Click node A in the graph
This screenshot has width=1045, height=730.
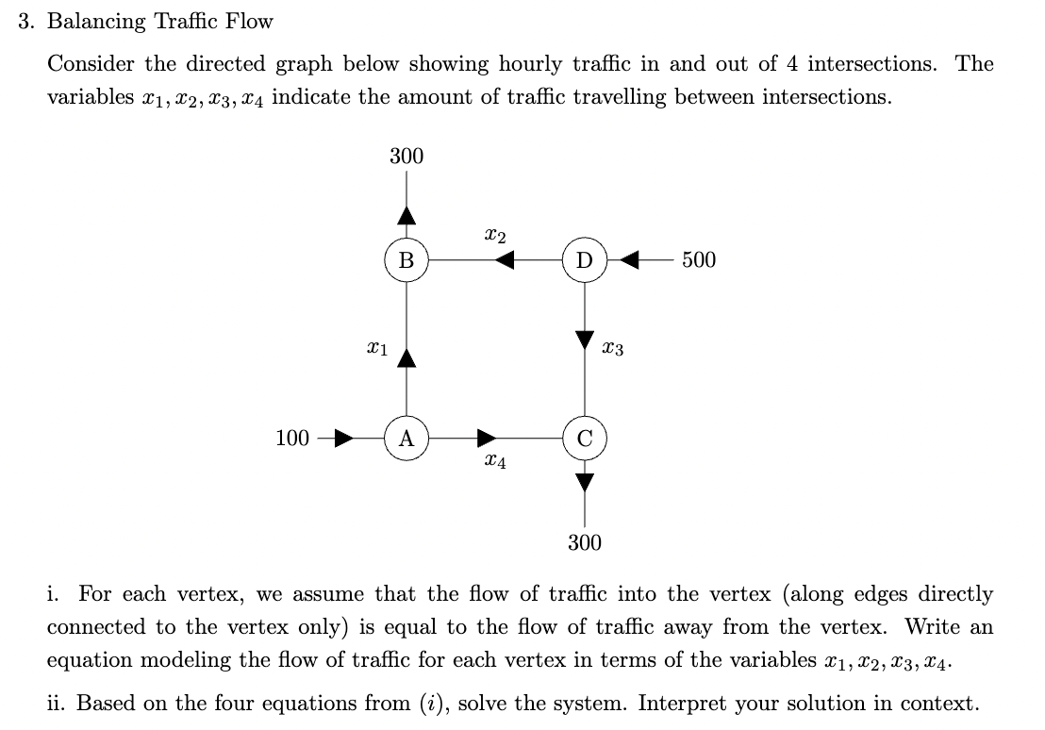tap(406, 439)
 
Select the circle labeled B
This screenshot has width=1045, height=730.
tap(406, 259)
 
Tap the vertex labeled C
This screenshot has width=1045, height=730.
tap(585, 439)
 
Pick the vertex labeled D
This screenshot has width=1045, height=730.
tap(585, 259)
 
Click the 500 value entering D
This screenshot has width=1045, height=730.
tap(698, 259)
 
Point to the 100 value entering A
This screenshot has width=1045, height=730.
tap(292, 439)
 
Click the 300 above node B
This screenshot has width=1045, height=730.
tap(406, 156)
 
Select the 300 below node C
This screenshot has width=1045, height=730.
tap(585, 542)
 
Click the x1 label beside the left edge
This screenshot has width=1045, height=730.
tap(376, 350)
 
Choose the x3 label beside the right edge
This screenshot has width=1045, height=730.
tap(612, 350)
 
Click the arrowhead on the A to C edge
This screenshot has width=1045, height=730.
tap(487, 439)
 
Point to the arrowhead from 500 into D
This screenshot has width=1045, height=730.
tap(629, 259)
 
